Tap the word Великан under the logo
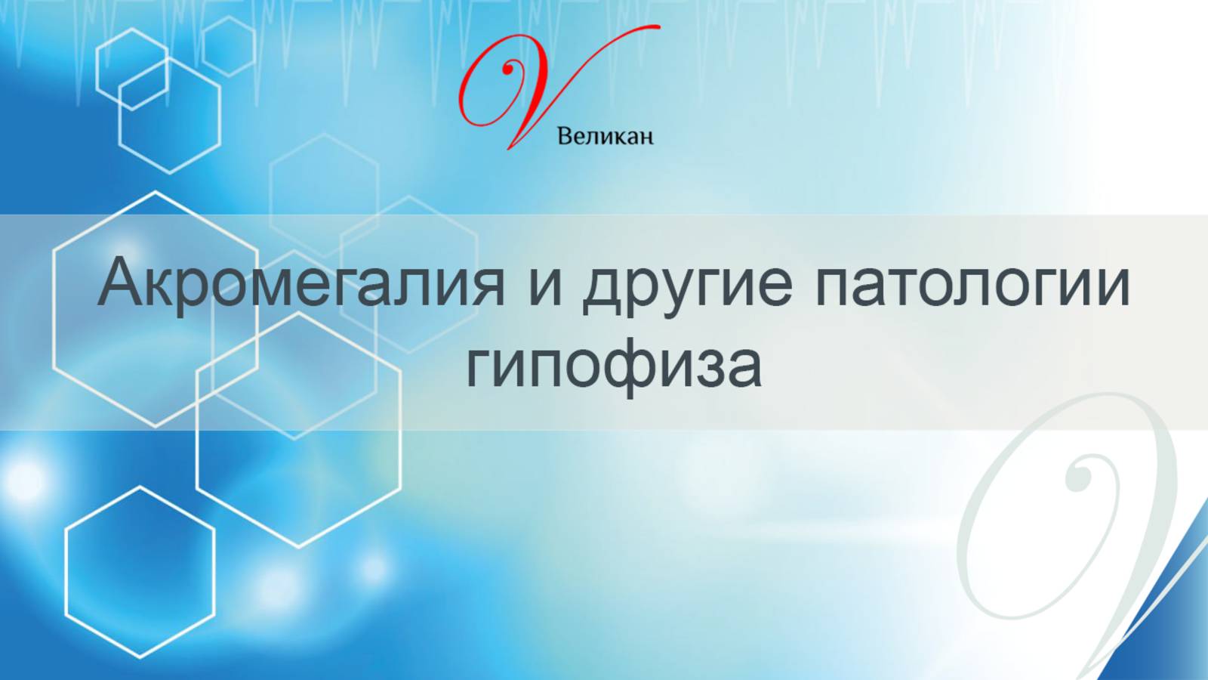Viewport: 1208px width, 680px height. point(605,137)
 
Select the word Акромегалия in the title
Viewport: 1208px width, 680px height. point(300,283)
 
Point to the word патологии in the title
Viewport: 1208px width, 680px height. point(972,283)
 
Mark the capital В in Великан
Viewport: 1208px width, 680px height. point(564,137)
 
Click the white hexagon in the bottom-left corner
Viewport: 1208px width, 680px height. point(140,572)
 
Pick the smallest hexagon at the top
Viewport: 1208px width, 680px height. point(229,46)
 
